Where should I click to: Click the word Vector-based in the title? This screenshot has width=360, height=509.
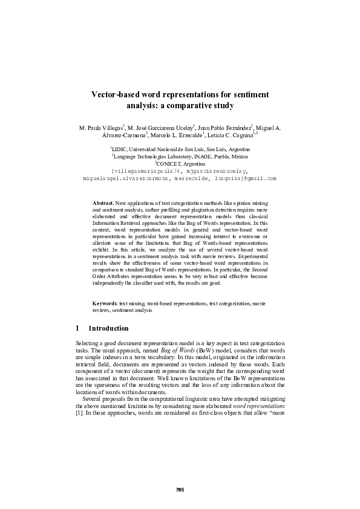117,95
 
